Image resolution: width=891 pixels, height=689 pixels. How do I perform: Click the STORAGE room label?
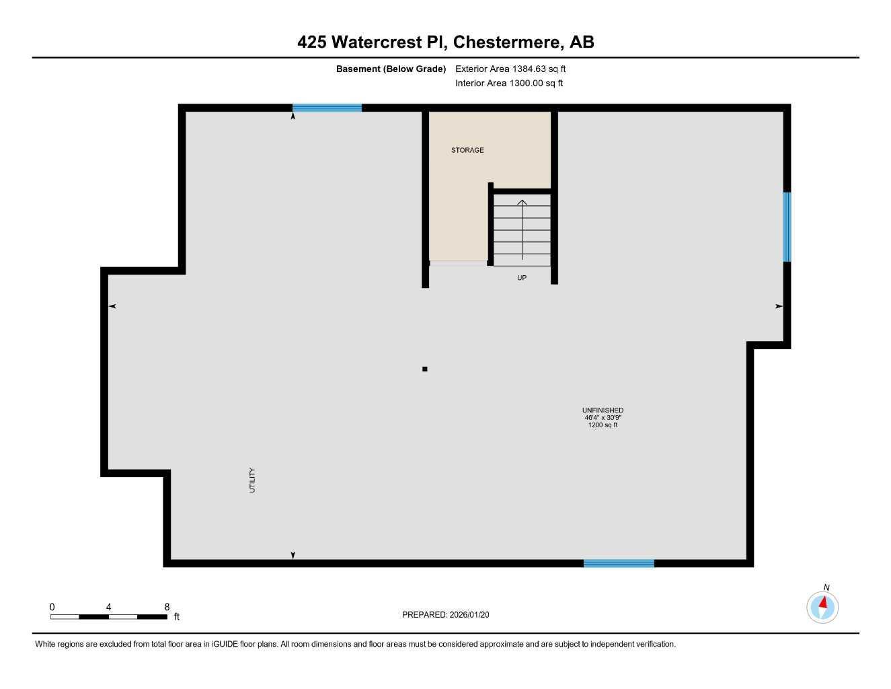tap(467, 150)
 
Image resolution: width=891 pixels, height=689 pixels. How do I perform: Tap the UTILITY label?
tap(253, 480)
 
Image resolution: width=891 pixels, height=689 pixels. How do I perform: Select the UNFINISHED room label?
tap(603, 410)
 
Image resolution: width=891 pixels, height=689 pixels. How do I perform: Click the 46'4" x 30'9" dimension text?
tap(603, 417)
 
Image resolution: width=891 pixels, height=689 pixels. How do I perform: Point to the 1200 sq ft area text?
tap(603, 425)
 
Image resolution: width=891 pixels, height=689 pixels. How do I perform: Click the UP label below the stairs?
tap(522, 278)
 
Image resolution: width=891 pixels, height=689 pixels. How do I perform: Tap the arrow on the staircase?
tap(522, 229)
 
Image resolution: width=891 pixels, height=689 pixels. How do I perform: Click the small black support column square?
tap(424, 369)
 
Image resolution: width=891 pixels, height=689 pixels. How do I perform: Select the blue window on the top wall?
tap(327, 108)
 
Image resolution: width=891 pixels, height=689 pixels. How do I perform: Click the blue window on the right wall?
tap(787, 227)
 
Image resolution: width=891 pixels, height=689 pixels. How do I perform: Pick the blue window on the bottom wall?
tap(619, 563)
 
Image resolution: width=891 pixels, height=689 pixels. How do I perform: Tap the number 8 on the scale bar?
tap(167, 607)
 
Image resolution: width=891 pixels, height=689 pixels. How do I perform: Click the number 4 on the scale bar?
tap(108, 607)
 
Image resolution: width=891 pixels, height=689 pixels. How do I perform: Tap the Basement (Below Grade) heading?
tap(391, 69)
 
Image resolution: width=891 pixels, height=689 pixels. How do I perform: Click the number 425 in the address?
tap(312, 42)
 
